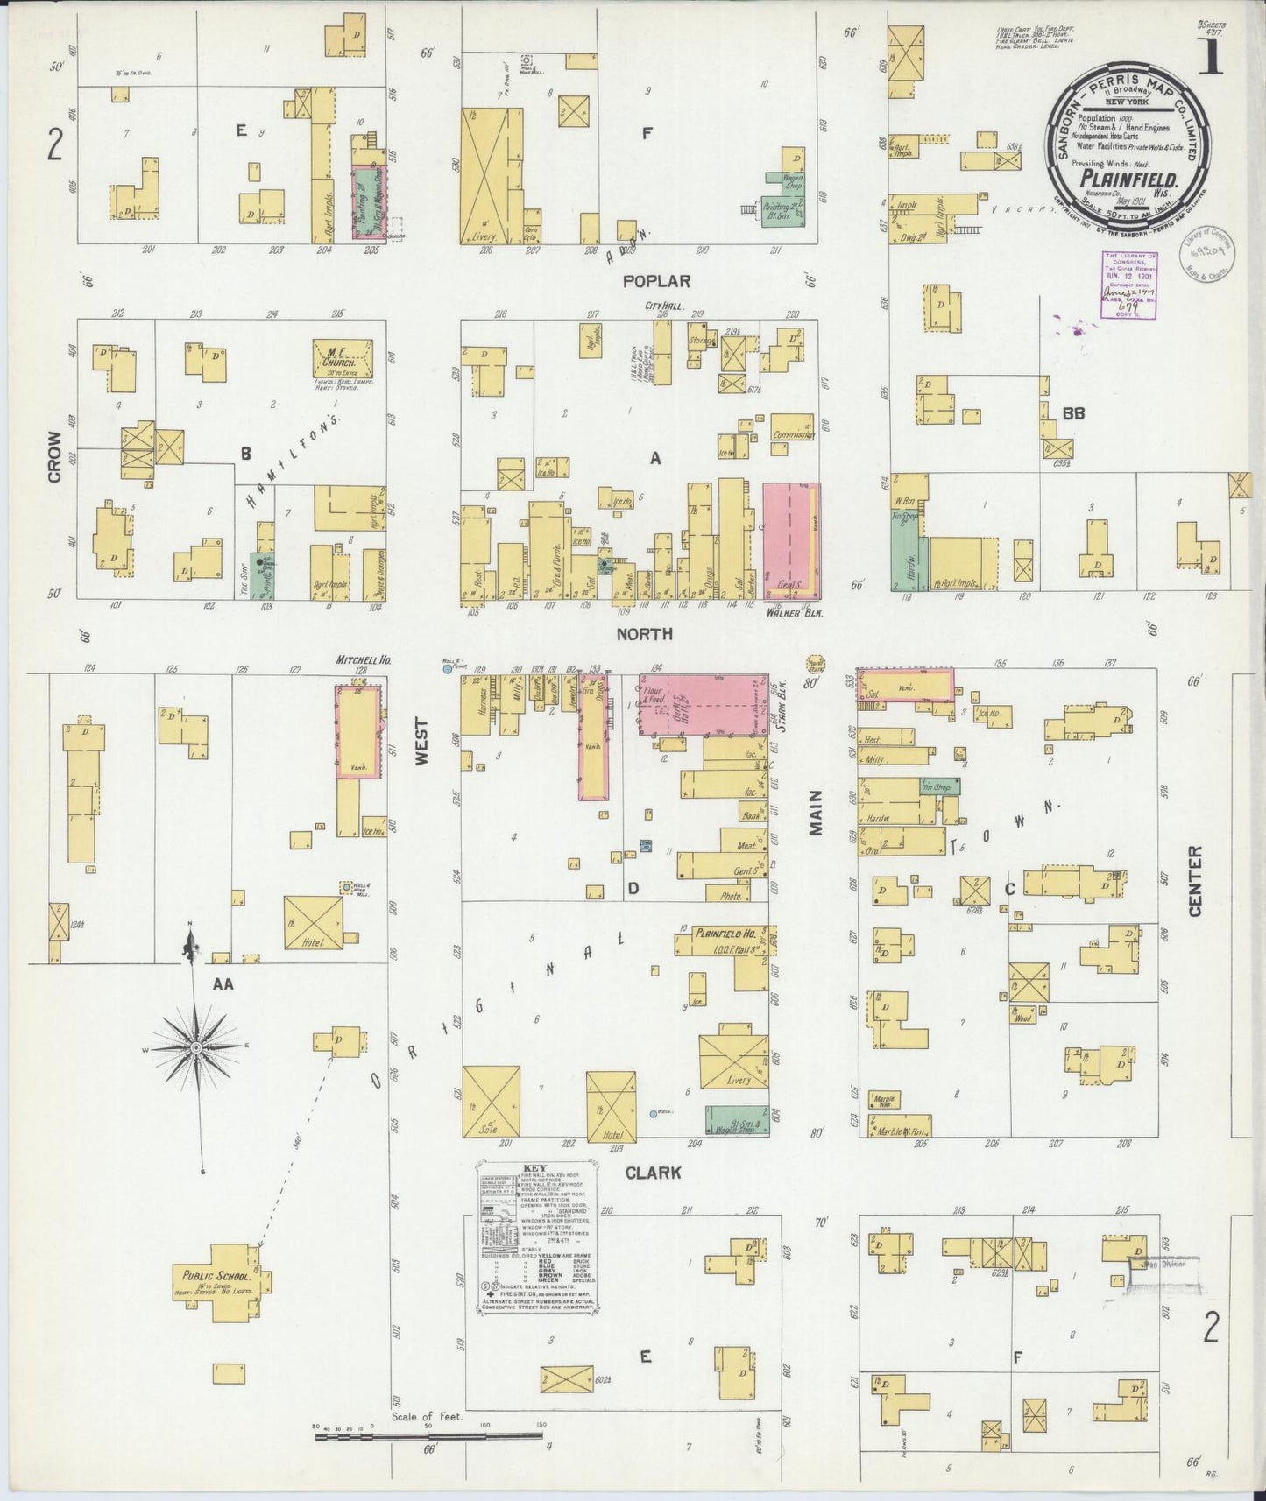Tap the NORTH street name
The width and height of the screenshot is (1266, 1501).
644,633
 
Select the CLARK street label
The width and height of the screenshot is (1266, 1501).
652,1173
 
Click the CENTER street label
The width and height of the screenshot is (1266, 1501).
1195,881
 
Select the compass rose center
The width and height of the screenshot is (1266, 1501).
197,1047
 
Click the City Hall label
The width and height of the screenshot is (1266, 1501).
663,307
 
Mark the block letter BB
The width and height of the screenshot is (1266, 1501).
1073,412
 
